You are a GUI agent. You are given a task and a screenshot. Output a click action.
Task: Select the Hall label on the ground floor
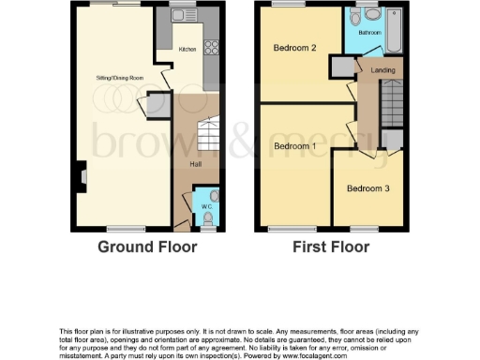pyautogui.click(x=195, y=164)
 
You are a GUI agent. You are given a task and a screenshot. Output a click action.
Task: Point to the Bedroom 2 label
pyautogui.click(x=293, y=48)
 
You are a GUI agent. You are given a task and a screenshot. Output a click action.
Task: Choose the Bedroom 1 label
pyautogui.click(x=293, y=146)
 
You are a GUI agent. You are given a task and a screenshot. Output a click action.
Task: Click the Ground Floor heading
pyautogui.click(x=149, y=247)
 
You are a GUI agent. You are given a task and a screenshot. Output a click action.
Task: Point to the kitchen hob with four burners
pyautogui.click(x=211, y=49)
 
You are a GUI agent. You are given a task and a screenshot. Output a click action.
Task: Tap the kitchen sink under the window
pyautogui.click(x=182, y=16)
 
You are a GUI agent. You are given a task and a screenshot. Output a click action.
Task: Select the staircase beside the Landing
pyautogui.click(x=392, y=103)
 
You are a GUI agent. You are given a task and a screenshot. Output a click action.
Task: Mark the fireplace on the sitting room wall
pyautogui.click(x=82, y=173)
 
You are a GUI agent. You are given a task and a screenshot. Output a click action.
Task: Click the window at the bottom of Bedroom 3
pyautogui.click(x=364, y=228)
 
